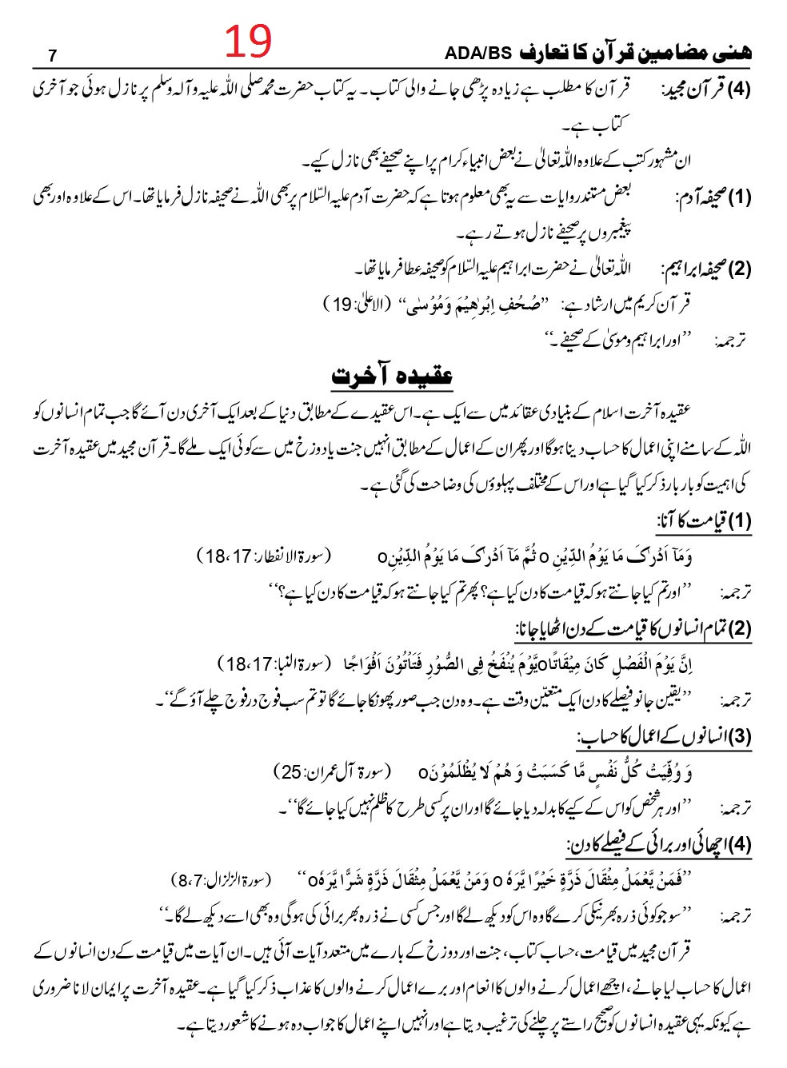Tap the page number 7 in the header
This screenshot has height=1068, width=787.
pos(53,55)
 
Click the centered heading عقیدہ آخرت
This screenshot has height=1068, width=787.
pos(393,374)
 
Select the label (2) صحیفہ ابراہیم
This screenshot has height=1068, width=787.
pos(706,269)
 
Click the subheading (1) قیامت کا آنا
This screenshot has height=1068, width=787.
pos(704,521)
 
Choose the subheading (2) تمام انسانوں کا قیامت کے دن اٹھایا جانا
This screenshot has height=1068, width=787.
pos(633,628)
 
